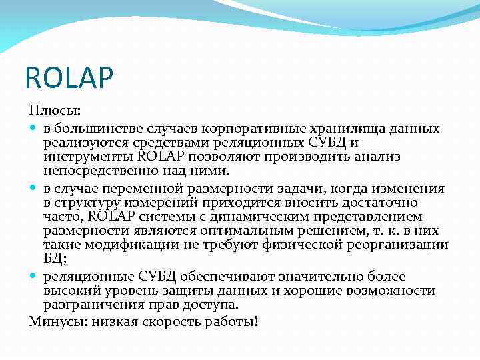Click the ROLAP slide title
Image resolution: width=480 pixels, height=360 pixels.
pos(69,78)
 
